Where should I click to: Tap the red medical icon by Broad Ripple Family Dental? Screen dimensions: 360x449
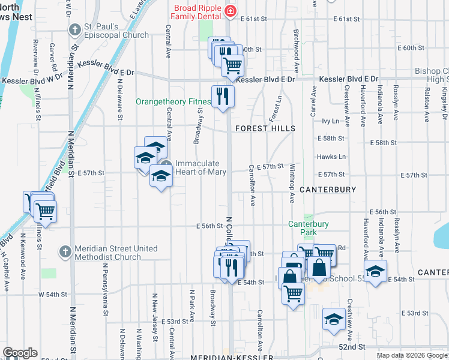pos(229,11)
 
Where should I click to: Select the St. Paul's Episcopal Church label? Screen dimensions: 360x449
pos(116,31)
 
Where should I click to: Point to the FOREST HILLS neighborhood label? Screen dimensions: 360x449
pos(265,128)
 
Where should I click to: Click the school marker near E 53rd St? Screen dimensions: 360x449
pos(334,319)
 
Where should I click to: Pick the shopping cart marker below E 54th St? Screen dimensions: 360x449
pos(294,293)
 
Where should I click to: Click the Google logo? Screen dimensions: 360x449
pos(20,353)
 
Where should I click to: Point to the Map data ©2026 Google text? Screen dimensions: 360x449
pos(412,355)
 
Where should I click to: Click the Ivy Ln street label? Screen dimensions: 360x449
pos(331,121)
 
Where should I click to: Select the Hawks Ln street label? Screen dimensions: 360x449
pos(331,157)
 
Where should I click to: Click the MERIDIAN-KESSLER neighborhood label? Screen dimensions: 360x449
pos(228,357)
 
